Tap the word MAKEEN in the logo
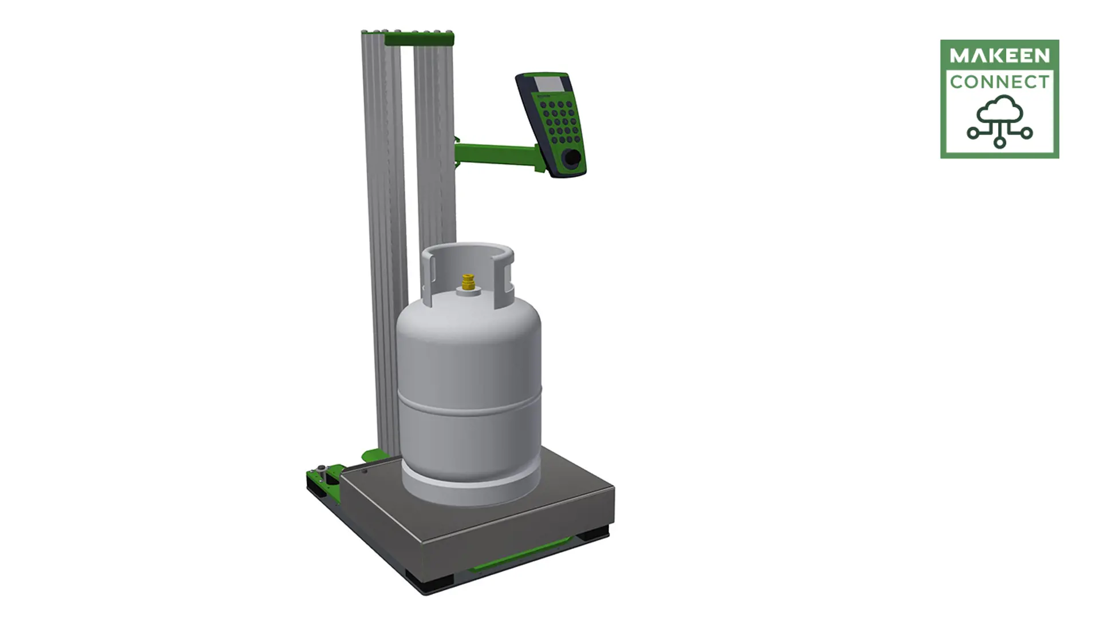[999, 56]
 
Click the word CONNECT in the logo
[999, 82]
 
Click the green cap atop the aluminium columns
[418, 39]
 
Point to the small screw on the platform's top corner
[365, 472]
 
